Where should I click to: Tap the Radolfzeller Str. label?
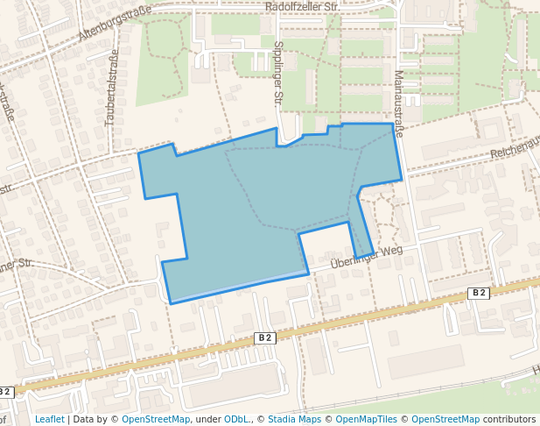point(302,7)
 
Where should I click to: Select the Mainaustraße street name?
point(399,103)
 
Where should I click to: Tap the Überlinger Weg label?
point(366,257)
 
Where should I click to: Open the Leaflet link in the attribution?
point(49,419)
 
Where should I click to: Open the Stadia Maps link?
point(294,419)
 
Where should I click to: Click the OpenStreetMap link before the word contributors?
point(445,419)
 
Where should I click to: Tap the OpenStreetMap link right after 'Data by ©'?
point(156,419)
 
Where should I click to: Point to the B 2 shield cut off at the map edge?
point(7,392)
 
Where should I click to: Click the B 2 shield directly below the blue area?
point(265,337)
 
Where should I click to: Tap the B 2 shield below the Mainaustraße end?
point(478,293)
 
